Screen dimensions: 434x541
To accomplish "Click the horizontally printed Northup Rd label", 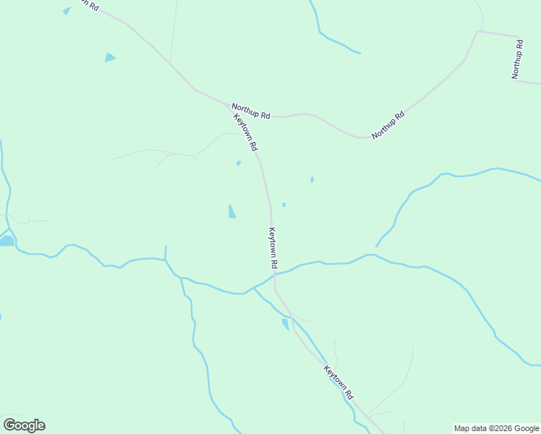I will coord(251,111).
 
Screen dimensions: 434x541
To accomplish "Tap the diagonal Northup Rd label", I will coord(388,125).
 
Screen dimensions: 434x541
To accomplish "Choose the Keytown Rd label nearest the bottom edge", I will coord(338,383).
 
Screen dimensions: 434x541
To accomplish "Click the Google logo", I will coord(24,425).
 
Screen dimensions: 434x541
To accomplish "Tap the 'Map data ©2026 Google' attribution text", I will coord(496,428).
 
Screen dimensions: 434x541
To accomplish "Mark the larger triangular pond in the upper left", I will coord(109,57).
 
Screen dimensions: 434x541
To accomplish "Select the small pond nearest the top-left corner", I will coord(67,11).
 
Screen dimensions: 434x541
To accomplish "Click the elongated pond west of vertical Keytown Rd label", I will coord(231,211).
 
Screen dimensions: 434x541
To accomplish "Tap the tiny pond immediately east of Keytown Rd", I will coord(284,205).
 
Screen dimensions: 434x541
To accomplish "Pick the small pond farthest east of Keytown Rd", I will coord(312,179).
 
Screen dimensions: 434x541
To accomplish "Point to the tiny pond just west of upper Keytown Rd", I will coord(238,163).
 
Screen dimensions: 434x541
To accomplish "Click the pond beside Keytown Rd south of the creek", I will coord(285,324).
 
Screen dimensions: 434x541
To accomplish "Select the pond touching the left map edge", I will coord(6,240).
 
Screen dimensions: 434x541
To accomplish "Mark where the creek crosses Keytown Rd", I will coord(275,274).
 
